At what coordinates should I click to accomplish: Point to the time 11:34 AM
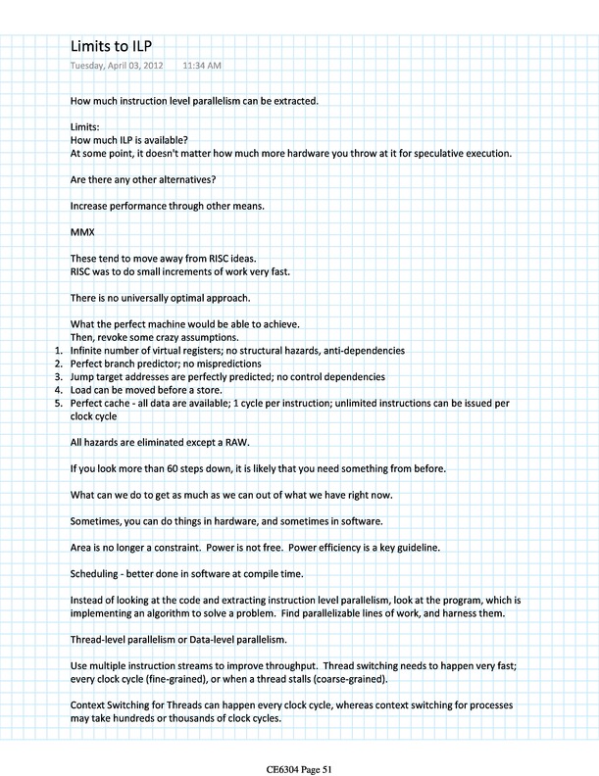(201, 66)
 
